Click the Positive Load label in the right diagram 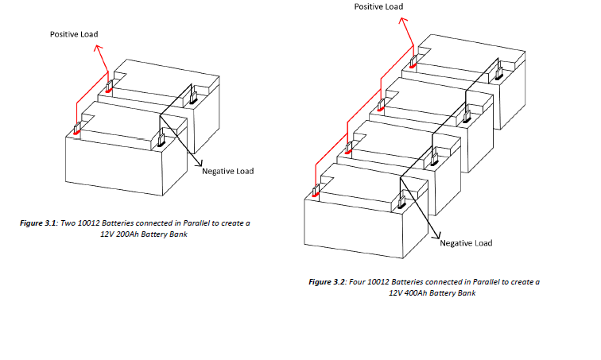378,6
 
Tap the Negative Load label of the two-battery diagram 228,171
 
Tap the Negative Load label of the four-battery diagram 466,242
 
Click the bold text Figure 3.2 328,282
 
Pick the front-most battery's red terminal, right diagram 316,192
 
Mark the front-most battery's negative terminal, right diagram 402,201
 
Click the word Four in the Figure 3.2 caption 357,282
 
